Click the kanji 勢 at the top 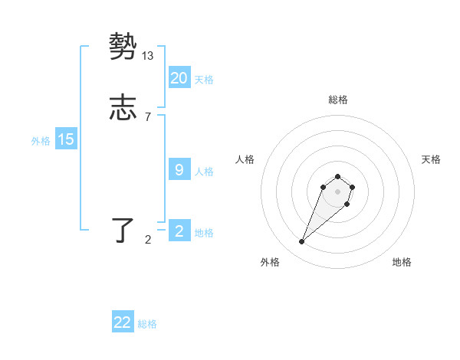coord(123,47)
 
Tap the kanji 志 coord(123,108)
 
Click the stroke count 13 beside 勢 coord(148,56)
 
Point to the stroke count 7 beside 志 coord(148,117)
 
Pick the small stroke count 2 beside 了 coord(148,240)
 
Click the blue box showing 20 coord(179,77)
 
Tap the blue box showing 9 coord(179,169)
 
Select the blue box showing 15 coord(66,139)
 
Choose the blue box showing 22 coord(123,322)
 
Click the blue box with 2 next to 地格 coord(179,231)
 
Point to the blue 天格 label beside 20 coord(204,79)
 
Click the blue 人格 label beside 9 coord(204,171)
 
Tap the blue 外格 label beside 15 coord(41,141)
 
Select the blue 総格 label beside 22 coord(147,324)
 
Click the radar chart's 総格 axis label coord(338,100)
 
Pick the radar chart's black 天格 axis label coord(431,159)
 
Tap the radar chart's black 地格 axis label coord(402,262)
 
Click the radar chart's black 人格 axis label coord(245,159)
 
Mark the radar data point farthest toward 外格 coord(302,242)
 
